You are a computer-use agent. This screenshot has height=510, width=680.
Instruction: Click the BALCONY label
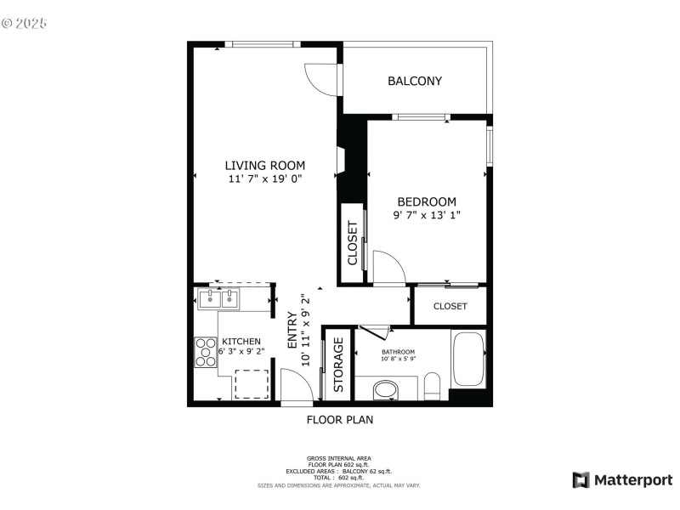pos(415,82)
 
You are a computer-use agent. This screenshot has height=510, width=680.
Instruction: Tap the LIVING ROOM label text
pos(264,166)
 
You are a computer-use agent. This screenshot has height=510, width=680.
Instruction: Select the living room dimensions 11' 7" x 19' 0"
pos(264,179)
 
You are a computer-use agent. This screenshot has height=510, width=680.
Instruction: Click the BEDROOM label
pos(427,201)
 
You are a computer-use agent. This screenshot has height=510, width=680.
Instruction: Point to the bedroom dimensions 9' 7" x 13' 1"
pos(427,216)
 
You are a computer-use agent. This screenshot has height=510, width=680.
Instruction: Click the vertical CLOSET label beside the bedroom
pos(353,244)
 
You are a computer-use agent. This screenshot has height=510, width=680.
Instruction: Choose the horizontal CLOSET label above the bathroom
pos(450,306)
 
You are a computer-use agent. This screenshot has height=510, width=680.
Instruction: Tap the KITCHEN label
pos(241,342)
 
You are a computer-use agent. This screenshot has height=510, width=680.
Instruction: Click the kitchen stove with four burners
pos(206,352)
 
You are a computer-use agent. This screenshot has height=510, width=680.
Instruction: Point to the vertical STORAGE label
pos(338,365)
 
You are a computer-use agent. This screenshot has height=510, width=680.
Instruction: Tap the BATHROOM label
pos(398,352)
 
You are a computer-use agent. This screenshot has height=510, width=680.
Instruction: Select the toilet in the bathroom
pos(432,388)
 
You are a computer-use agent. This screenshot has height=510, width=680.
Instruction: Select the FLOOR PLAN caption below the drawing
pos(339,419)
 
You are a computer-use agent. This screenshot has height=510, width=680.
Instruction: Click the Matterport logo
pos(622,480)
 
